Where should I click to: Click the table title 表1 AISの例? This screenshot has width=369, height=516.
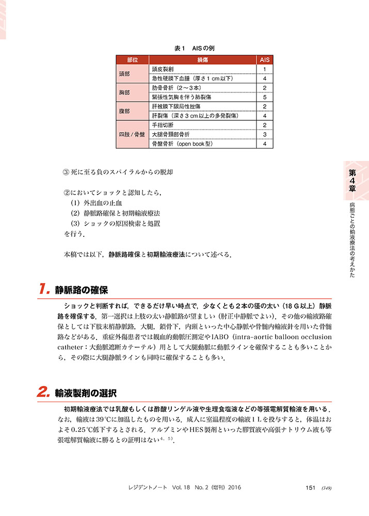point(194,48)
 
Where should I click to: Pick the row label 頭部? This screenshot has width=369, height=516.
point(124,74)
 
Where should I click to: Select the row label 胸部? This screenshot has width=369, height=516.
point(124,93)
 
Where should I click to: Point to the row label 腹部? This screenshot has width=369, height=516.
point(124,111)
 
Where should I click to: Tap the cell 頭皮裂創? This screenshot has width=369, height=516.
point(164,69)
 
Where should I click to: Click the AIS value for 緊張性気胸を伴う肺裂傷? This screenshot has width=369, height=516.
point(264,97)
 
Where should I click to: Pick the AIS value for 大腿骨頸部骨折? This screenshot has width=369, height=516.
point(264,135)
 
